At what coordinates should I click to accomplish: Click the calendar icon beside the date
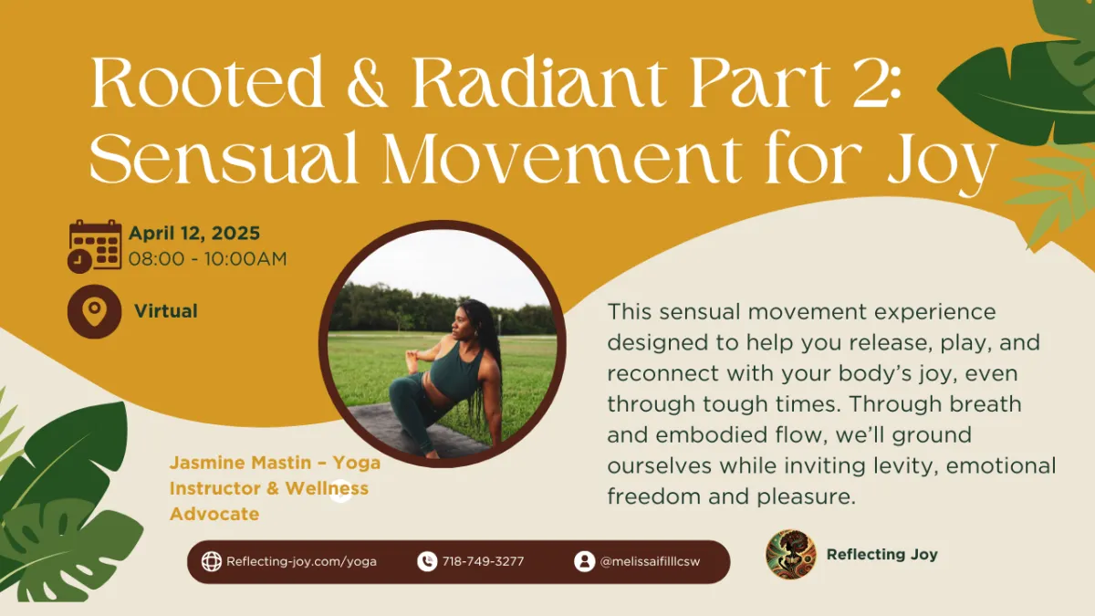(95, 245)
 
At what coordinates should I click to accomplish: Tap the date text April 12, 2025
(194, 234)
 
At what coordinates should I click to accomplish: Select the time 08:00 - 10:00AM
(207, 258)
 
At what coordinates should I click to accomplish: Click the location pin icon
(94, 311)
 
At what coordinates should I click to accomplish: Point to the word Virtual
(166, 311)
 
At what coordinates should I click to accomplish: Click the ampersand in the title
(367, 81)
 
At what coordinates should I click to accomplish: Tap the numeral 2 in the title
(868, 81)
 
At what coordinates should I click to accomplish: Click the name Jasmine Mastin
(240, 463)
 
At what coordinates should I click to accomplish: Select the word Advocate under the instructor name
(214, 514)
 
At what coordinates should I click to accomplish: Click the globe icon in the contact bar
(212, 562)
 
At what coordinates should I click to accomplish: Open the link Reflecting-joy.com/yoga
(301, 562)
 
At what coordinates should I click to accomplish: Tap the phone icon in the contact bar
(427, 562)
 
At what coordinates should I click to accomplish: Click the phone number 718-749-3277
(483, 562)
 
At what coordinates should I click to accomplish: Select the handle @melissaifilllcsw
(650, 562)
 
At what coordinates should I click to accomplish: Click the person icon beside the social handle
(585, 562)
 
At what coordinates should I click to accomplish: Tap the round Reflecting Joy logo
(791, 555)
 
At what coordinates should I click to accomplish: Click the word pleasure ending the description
(806, 497)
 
